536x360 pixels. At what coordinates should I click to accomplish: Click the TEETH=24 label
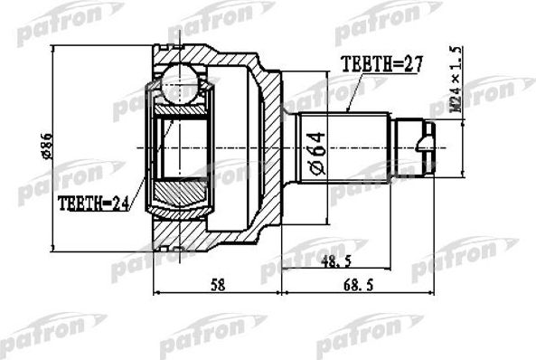pos(92,204)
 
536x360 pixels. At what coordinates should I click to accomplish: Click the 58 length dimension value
pos(217,283)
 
